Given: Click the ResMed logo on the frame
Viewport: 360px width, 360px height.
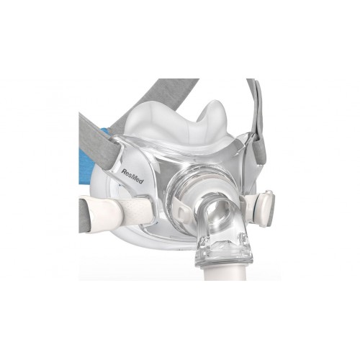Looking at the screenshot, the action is [132, 176].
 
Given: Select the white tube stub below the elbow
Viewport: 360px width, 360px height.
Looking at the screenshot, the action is [225, 271].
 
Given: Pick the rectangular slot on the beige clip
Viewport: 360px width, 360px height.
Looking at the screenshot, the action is [183, 211].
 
